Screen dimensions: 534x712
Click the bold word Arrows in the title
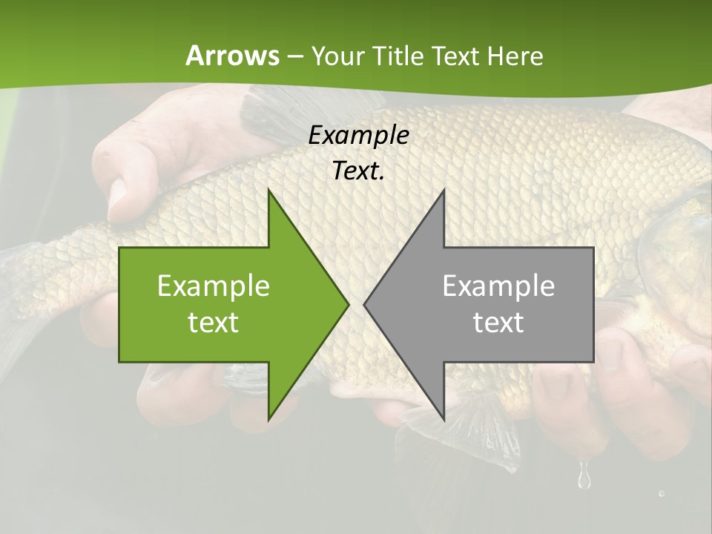coord(232,56)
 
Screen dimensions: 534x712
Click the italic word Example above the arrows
coord(358,135)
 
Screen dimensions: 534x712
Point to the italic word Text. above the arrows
coord(358,171)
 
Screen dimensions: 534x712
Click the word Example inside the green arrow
coord(214,286)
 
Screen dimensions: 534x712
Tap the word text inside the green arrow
coord(214,322)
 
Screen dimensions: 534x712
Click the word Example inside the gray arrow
coord(498,286)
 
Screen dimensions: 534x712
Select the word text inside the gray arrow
coord(498,322)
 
